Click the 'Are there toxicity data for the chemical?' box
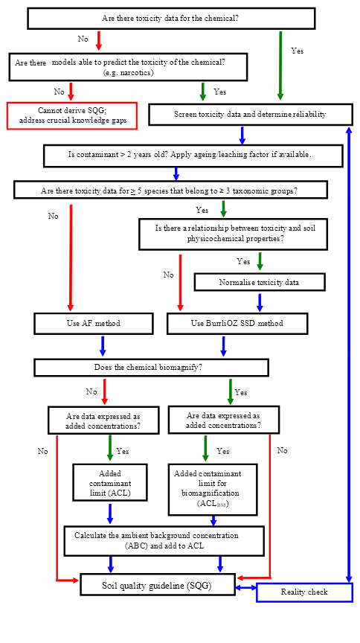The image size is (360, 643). [x=171, y=19]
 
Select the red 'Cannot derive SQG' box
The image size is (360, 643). [x=71, y=115]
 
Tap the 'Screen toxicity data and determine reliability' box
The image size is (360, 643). [x=250, y=115]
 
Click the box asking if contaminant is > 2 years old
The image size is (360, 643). [x=193, y=156]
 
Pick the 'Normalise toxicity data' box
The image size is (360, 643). [x=260, y=282]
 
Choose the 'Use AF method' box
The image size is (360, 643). [x=94, y=323]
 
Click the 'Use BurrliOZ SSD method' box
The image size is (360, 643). [x=237, y=323]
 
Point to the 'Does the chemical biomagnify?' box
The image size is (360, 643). [x=151, y=368]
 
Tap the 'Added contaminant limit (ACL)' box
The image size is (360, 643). [x=109, y=482]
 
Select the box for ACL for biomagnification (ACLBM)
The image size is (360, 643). [x=213, y=489]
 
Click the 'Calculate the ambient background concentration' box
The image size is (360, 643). [x=164, y=541]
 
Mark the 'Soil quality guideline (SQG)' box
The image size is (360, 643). [x=158, y=584]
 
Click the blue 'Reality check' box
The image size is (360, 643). [x=304, y=592]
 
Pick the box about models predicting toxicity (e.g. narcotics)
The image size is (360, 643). [x=129, y=67]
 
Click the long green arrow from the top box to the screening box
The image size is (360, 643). [x=280, y=65]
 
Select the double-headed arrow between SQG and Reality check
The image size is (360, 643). [x=246, y=588]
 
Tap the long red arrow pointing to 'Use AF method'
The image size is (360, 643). [x=71, y=258]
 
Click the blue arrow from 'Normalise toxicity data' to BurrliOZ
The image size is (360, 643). [x=259, y=303]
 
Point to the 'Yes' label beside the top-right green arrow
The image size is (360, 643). [x=298, y=51]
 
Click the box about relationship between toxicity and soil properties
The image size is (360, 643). [x=233, y=234]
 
